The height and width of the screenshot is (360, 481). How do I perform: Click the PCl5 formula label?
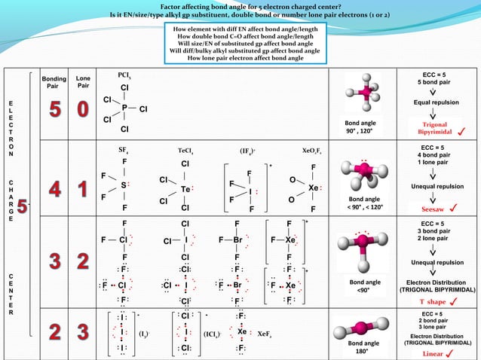[x=125, y=75]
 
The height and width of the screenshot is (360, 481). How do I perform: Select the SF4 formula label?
[x=124, y=150]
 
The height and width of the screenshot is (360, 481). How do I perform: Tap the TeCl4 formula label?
[x=185, y=150]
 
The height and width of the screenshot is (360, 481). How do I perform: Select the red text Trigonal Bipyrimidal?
[x=430, y=128]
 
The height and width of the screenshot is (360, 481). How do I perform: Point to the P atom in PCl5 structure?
[x=124, y=108]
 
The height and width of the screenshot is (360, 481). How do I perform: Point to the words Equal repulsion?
[x=435, y=103]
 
